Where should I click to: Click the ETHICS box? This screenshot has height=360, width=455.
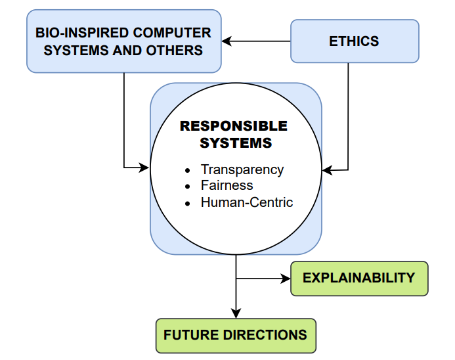[x=354, y=41]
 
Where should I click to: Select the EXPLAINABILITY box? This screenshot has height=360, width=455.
[x=358, y=278]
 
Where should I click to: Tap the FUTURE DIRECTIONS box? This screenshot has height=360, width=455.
[x=235, y=335]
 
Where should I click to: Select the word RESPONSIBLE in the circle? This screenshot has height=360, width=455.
[x=234, y=125]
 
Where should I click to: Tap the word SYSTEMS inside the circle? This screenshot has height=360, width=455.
[x=236, y=143]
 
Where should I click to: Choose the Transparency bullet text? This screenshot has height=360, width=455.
[x=242, y=169]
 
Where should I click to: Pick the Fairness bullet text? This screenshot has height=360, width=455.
[x=227, y=185]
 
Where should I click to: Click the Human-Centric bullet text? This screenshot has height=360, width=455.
[x=247, y=202]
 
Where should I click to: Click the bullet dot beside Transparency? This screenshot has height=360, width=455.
[x=188, y=170]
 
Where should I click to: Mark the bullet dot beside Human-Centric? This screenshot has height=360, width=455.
[x=188, y=203]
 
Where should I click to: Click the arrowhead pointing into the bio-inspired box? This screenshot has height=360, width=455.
[x=227, y=41]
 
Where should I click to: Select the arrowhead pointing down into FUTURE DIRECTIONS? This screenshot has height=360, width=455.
[x=236, y=314]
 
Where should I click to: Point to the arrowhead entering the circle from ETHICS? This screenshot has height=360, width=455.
[x=327, y=171]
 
